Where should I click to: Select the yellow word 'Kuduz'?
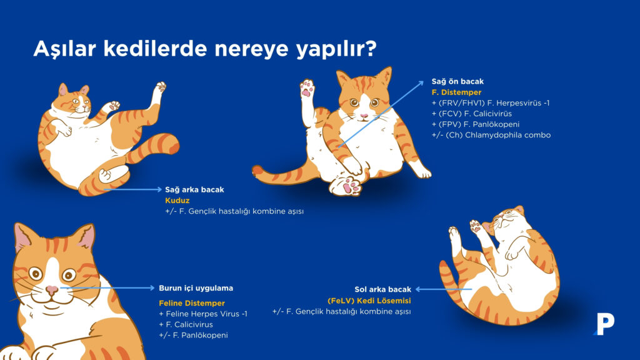pos(177,201)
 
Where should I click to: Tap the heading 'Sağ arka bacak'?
pos(194,189)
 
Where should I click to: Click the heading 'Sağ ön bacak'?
pos(457,81)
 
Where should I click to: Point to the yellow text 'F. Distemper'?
pos(456,92)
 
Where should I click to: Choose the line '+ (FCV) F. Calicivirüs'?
pos(471,114)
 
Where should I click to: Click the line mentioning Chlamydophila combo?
pos(491,135)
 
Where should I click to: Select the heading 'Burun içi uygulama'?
pos(196,288)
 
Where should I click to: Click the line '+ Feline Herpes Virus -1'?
pos(203,314)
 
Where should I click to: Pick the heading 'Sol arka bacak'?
pos(383,289)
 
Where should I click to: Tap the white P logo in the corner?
pos(604,324)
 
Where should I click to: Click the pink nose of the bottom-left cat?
pos(52,290)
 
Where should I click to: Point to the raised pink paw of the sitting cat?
pos(307,89)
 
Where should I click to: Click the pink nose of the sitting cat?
pos(364,116)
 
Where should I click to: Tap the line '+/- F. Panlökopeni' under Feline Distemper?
pos(193,336)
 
